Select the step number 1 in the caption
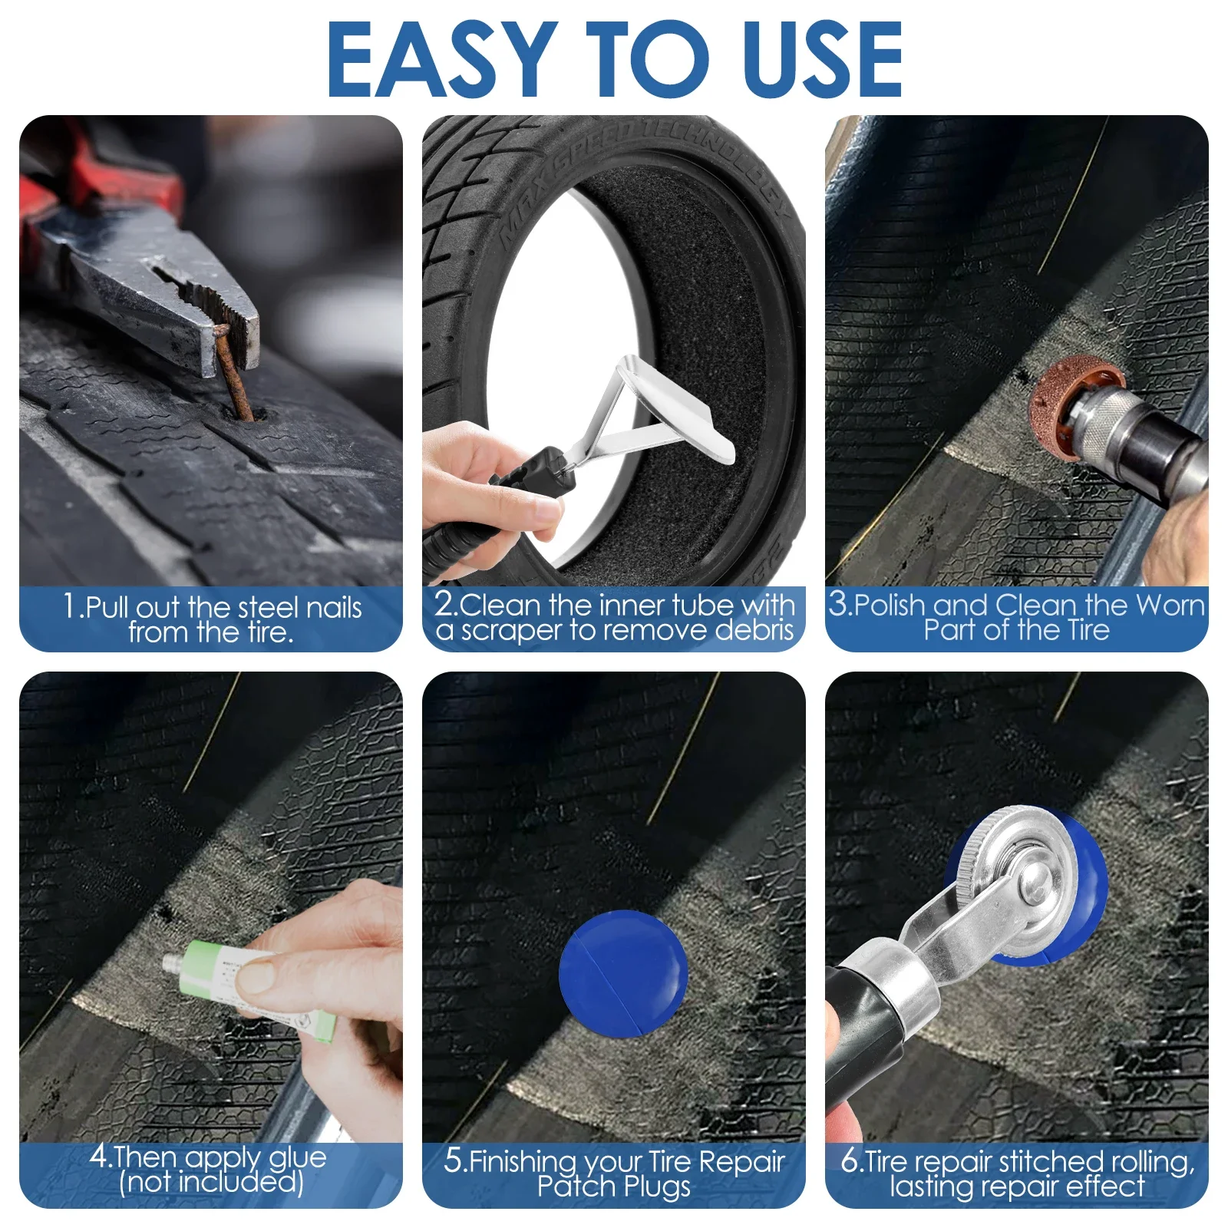click(x=71, y=606)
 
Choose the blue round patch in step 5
click(x=623, y=973)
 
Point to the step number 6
click(x=850, y=1160)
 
